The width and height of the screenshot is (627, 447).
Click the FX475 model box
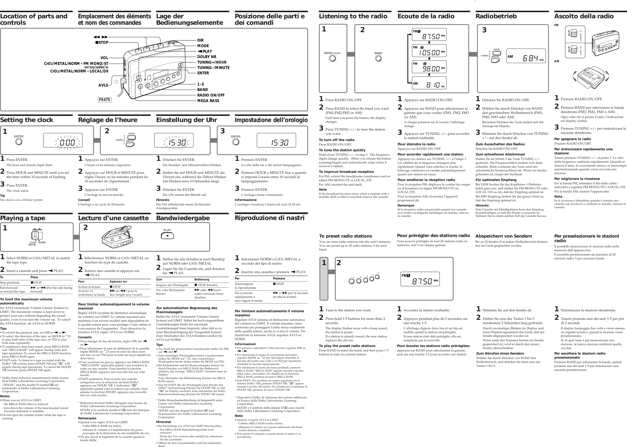point(105,100)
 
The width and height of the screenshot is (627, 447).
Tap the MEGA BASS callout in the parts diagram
point(208,101)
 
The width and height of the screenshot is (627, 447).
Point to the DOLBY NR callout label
point(207,57)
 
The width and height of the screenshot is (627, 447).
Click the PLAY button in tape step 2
point(167,236)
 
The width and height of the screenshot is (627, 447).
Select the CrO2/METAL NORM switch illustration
point(37,235)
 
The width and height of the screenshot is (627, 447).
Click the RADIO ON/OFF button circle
point(332,58)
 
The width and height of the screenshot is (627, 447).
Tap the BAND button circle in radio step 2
point(378,58)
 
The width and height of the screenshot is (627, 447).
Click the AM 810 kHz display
point(429,83)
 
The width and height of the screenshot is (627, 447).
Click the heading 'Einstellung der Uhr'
point(186,120)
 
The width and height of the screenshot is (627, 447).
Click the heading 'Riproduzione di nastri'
point(269,218)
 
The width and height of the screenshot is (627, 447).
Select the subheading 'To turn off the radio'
point(336,140)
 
